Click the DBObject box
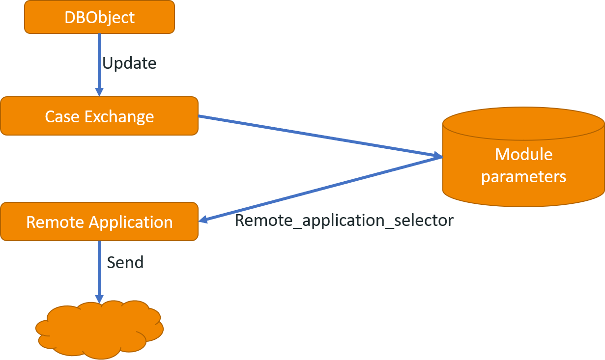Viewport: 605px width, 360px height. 99,17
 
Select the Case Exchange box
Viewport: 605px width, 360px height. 99,116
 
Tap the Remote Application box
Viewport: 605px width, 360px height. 99,222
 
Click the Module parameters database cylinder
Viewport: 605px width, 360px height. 523,157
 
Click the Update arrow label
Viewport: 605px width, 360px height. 129,63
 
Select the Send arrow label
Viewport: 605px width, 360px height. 125,262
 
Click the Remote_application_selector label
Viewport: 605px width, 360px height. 344,221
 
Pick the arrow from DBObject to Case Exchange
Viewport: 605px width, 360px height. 99,64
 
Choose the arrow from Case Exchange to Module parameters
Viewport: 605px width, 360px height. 319,137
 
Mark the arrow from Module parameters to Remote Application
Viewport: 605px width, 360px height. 319,190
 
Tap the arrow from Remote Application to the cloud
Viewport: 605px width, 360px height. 99,270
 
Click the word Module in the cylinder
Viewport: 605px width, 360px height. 523,154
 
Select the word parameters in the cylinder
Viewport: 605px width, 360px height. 523,176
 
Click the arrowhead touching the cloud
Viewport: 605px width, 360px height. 99,299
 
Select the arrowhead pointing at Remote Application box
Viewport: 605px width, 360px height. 202,220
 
